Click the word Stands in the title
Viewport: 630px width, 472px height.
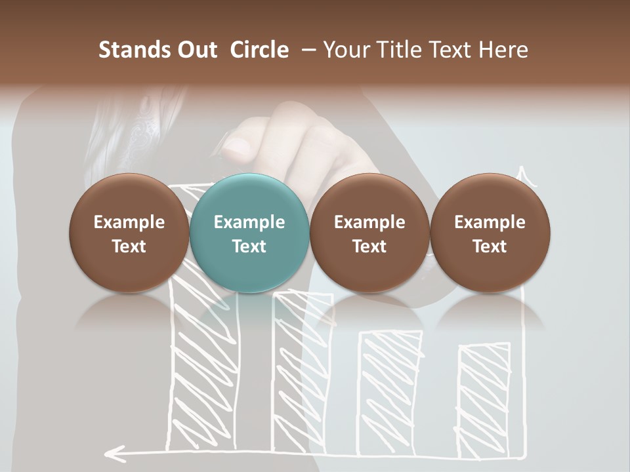tap(134, 50)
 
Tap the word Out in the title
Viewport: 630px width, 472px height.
tap(196, 50)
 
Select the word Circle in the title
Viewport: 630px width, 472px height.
tap(259, 50)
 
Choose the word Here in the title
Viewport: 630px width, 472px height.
tap(503, 50)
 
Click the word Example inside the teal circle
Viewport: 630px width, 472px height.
tap(249, 222)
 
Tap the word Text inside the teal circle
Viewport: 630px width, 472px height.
tap(249, 246)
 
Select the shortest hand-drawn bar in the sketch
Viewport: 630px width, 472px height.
tap(484, 400)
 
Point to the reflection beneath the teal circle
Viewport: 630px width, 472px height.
tap(249, 315)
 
